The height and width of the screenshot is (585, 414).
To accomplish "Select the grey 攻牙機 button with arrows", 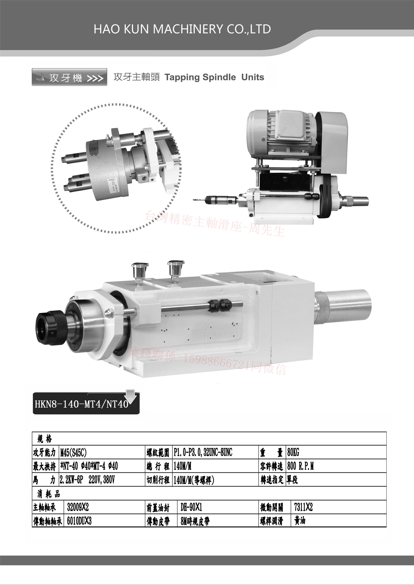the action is [x=69, y=77].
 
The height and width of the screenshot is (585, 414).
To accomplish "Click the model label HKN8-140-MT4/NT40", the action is [x=81, y=404].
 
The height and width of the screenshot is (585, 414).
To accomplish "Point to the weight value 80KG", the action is [x=293, y=452].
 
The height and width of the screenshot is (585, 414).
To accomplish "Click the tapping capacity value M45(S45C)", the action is [x=74, y=453].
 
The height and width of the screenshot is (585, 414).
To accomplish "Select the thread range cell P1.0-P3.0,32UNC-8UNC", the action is [x=203, y=452].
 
